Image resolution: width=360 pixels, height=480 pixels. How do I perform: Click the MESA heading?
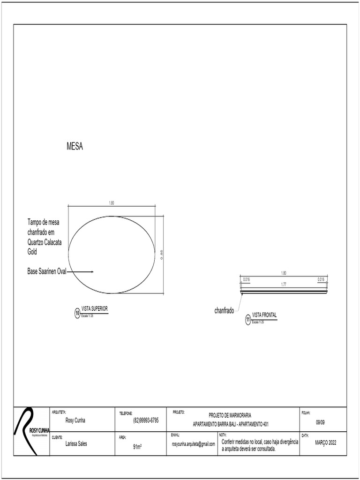75,147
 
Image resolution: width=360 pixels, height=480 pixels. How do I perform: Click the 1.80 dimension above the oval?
112,203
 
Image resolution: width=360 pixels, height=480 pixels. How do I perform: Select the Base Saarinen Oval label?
47,271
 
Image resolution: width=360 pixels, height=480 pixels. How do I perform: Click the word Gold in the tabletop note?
32,252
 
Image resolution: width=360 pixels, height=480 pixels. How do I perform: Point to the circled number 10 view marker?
77,314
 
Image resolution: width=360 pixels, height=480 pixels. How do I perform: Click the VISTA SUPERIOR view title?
95,309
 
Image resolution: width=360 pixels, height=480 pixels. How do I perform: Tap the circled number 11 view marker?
248,320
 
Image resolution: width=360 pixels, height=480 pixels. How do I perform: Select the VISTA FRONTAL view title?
264,315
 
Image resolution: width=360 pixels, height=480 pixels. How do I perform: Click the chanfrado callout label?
224,311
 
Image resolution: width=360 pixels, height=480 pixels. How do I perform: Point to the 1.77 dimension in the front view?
283,284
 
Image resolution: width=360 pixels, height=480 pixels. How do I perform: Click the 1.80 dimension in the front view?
283,273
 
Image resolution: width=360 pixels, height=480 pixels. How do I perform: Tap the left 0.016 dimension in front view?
246,279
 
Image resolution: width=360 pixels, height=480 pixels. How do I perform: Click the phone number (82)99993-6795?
146,420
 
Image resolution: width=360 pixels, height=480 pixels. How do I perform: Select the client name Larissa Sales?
76,444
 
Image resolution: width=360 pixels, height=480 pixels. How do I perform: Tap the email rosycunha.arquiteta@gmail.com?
193,444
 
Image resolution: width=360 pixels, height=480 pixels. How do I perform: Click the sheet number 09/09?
320,422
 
